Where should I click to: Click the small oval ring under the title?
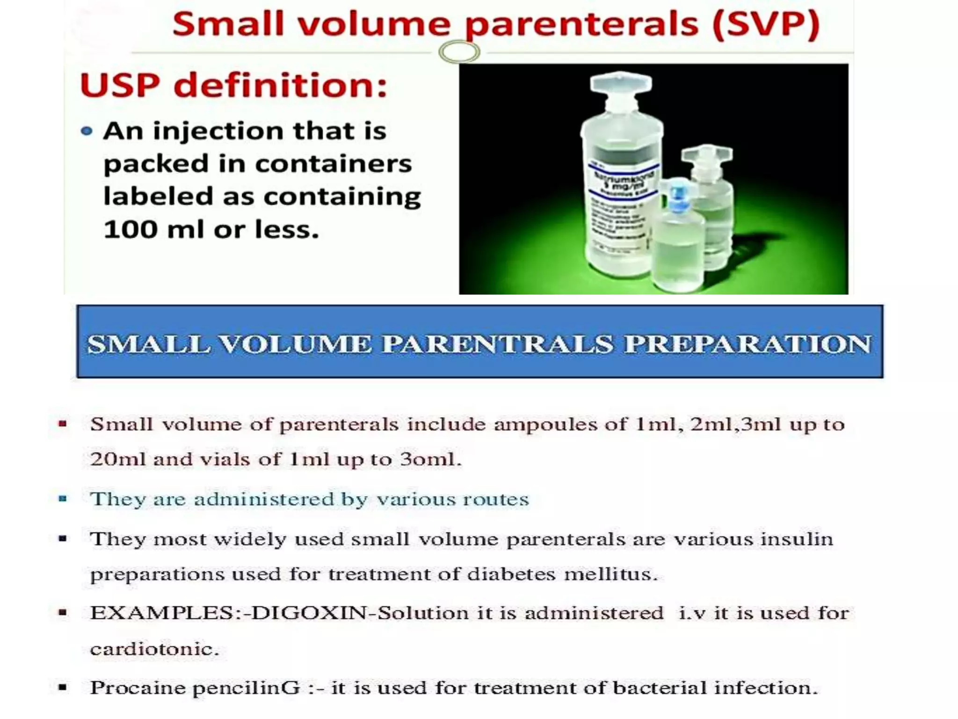pos(459,52)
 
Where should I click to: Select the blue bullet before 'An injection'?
pos(87,131)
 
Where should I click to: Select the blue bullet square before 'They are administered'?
pos(62,499)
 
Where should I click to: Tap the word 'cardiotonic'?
pos(154,649)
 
